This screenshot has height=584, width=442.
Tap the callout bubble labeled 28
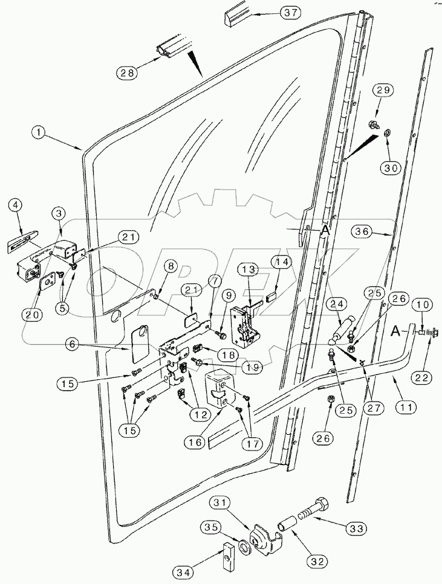click(x=128, y=72)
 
